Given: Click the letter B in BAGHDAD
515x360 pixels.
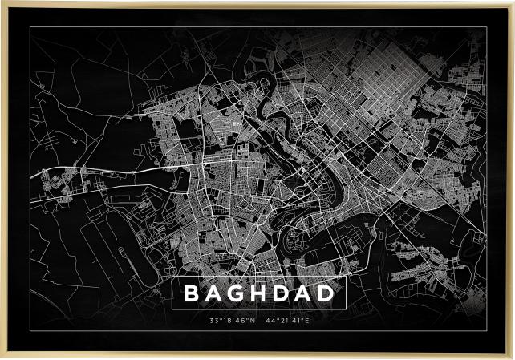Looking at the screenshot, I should pyautogui.click(x=192, y=294).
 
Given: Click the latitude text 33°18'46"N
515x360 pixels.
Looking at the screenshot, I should pyautogui.click(x=231, y=321).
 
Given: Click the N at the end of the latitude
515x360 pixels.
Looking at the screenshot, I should pyautogui.click(x=252, y=321).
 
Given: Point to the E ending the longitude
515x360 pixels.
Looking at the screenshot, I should pyautogui.click(x=306, y=321).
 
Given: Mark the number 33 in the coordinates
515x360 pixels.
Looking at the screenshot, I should pyautogui.click(x=213, y=321).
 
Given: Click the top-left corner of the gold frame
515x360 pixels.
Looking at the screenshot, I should pyautogui.click(x=2, y=2).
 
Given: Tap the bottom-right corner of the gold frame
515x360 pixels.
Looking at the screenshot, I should pyautogui.click(x=513, y=358).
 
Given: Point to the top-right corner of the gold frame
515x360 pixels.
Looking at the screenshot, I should pyautogui.click(x=513, y=2).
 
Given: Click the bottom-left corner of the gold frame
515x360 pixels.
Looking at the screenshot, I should pyautogui.click(x=2, y=358).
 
